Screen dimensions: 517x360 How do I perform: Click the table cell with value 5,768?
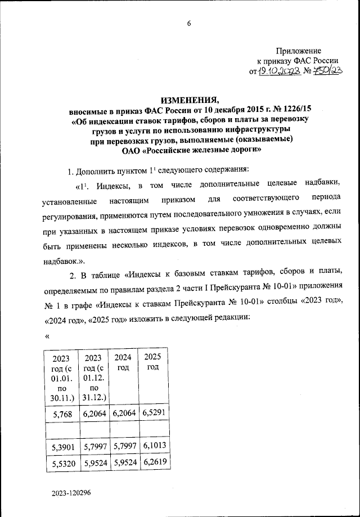pyautogui.click(x=61, y=415)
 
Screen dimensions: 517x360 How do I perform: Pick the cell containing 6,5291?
pyautogui.click(x=153, y=415)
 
